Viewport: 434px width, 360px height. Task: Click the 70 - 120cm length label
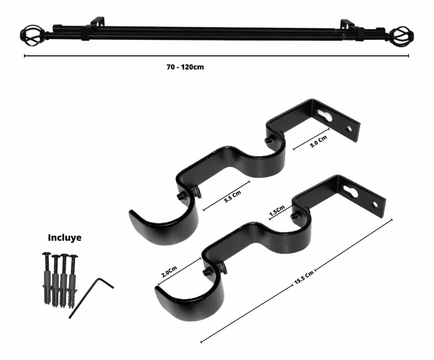185,67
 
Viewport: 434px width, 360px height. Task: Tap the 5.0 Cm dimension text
319,141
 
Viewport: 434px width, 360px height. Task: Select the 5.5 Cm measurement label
233,196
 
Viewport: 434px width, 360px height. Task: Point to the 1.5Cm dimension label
277,211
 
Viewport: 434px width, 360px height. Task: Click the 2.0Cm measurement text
169,272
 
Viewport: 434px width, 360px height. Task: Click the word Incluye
65,237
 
